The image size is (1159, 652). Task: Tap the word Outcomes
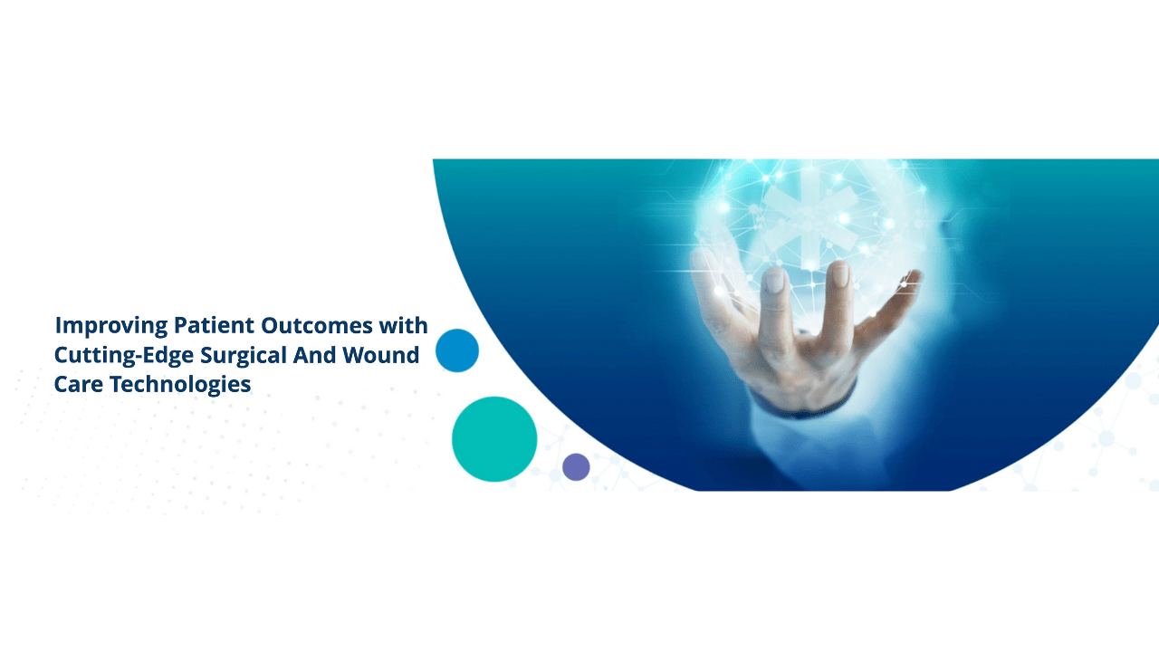(x=317, y=325)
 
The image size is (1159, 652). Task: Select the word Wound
(x=381, y=355)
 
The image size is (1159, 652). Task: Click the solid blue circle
(x=457, y=350)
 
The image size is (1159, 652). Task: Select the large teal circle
(x=494, y=439)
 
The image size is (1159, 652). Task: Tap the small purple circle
(x=576, y=467)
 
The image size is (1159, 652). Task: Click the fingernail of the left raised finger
(x=774, y=281)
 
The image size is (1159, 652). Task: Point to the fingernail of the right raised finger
(x=840, y=274)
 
